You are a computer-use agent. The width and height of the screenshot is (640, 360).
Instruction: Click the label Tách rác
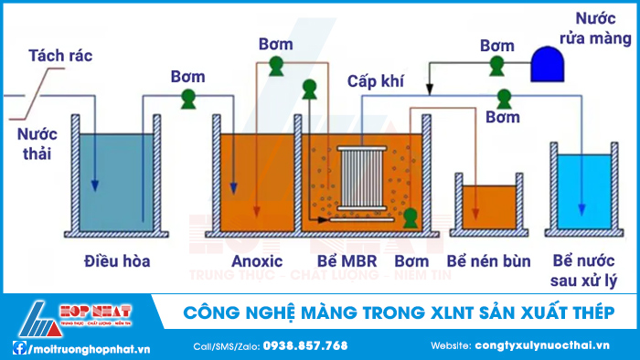click(x=60, y=56)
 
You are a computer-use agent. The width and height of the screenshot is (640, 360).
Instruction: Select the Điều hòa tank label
click(x=115, y=261)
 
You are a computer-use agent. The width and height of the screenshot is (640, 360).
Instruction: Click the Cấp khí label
click(x=376, y=80)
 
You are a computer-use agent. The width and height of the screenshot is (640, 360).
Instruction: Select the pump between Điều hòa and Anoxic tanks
click(x=188, y=97)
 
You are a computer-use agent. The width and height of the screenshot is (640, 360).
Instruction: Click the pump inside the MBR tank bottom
click(x=411, y=218)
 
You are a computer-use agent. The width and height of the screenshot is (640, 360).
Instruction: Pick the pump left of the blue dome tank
click(x=496, y=64)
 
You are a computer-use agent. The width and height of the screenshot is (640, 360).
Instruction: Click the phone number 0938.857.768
click(x=305, y=345)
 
